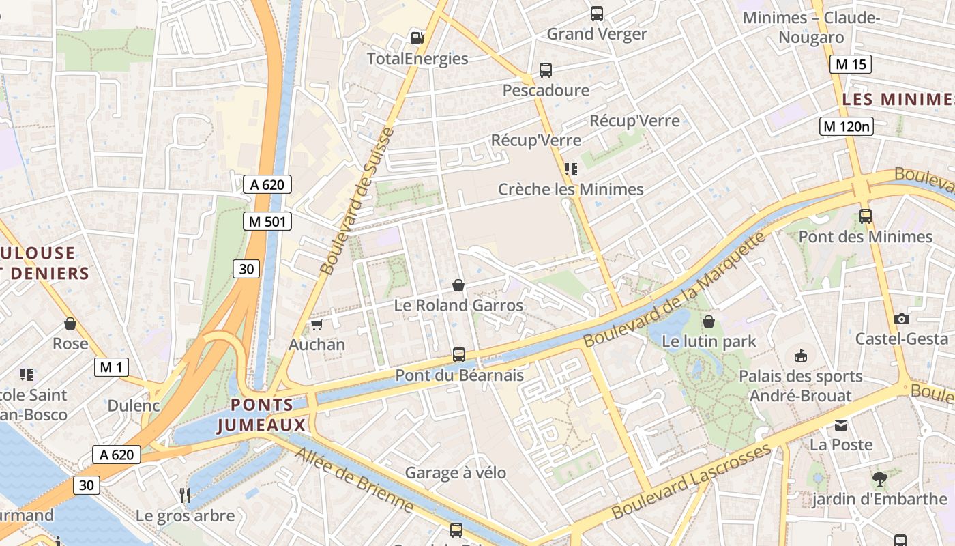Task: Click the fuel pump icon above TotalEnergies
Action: pos(417,38)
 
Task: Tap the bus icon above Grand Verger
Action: pos(597,14)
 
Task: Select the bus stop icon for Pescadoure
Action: pos(546,70)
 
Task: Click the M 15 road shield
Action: pos(851,64)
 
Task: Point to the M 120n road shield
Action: pos(847,126)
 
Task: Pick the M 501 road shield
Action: pos(267,221)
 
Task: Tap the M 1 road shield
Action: pos(111,367)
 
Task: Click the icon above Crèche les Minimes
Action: pos(570,169)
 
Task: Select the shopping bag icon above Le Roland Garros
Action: pos(458,285)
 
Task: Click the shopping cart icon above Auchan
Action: pos(317,324)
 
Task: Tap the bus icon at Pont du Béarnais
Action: pos(459,355)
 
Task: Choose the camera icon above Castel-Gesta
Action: pos(902,319)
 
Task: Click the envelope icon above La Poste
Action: pos(841,425)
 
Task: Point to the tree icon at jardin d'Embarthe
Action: pos(880,479)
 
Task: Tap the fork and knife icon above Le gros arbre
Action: pos(184,495)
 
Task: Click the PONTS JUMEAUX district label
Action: pos(261,415)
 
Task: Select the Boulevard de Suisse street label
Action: pos(357,201)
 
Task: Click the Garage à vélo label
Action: pos(456,472)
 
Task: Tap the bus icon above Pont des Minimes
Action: pos(866,216)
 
